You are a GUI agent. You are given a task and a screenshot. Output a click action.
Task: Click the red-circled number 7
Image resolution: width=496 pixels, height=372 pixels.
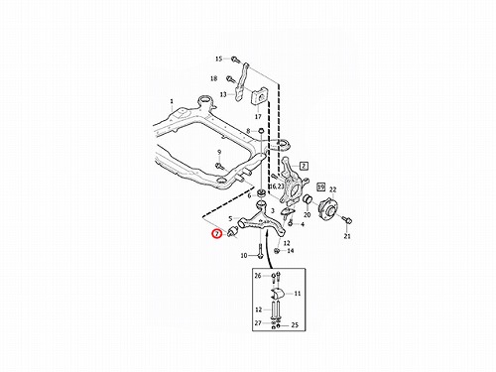click(217, 234)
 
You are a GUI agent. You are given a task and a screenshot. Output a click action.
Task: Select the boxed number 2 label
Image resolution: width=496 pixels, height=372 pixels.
click(304, 166)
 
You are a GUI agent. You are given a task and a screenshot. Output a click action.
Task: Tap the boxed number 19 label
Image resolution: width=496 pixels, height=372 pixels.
click(320, 187)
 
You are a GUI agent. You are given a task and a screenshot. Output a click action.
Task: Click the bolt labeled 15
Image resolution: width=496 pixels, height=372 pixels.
click(235, 60)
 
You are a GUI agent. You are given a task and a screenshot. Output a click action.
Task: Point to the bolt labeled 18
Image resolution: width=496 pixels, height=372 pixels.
click(229, 79)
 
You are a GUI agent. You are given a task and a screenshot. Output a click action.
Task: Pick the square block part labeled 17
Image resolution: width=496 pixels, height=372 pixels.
click(260, 97)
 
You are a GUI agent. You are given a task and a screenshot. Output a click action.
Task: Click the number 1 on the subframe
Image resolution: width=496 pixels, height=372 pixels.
click(172, 101)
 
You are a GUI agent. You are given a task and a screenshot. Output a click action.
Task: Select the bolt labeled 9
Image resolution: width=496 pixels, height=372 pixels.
click(218, 166)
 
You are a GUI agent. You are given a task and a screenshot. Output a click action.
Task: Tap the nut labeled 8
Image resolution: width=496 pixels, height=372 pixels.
click(260, 131)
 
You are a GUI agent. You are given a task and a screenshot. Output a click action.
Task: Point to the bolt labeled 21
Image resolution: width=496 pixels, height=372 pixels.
click(347, 220)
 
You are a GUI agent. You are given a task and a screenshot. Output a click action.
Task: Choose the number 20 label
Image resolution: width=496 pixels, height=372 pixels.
click(308, 214)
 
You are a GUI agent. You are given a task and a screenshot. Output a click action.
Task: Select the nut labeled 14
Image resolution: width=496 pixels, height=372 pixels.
click(278, 251)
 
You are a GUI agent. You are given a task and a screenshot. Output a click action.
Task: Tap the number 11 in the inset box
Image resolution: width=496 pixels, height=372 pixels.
click(298, 294)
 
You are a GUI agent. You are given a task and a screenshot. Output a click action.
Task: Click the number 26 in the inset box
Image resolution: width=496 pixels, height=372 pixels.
click(258, 276)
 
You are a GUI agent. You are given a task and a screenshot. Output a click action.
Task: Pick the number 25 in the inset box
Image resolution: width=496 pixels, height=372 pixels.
click(295, 325)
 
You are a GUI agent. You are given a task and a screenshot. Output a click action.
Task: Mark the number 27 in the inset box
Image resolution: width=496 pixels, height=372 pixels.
click(258, 323)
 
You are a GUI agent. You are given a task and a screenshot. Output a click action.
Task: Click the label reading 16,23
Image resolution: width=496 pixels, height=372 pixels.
click(277, 186)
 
